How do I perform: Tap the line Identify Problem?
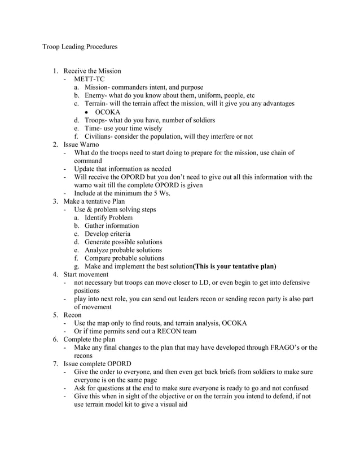[x=108, y=218]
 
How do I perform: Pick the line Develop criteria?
[x=107, y=234]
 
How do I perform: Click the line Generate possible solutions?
[x=123, y=242]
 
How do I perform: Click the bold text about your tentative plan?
[x=235, y=266]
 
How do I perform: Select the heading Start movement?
[x=86, y=274]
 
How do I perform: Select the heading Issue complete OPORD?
[x=97, y=364]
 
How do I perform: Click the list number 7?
[x=55, y=364]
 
